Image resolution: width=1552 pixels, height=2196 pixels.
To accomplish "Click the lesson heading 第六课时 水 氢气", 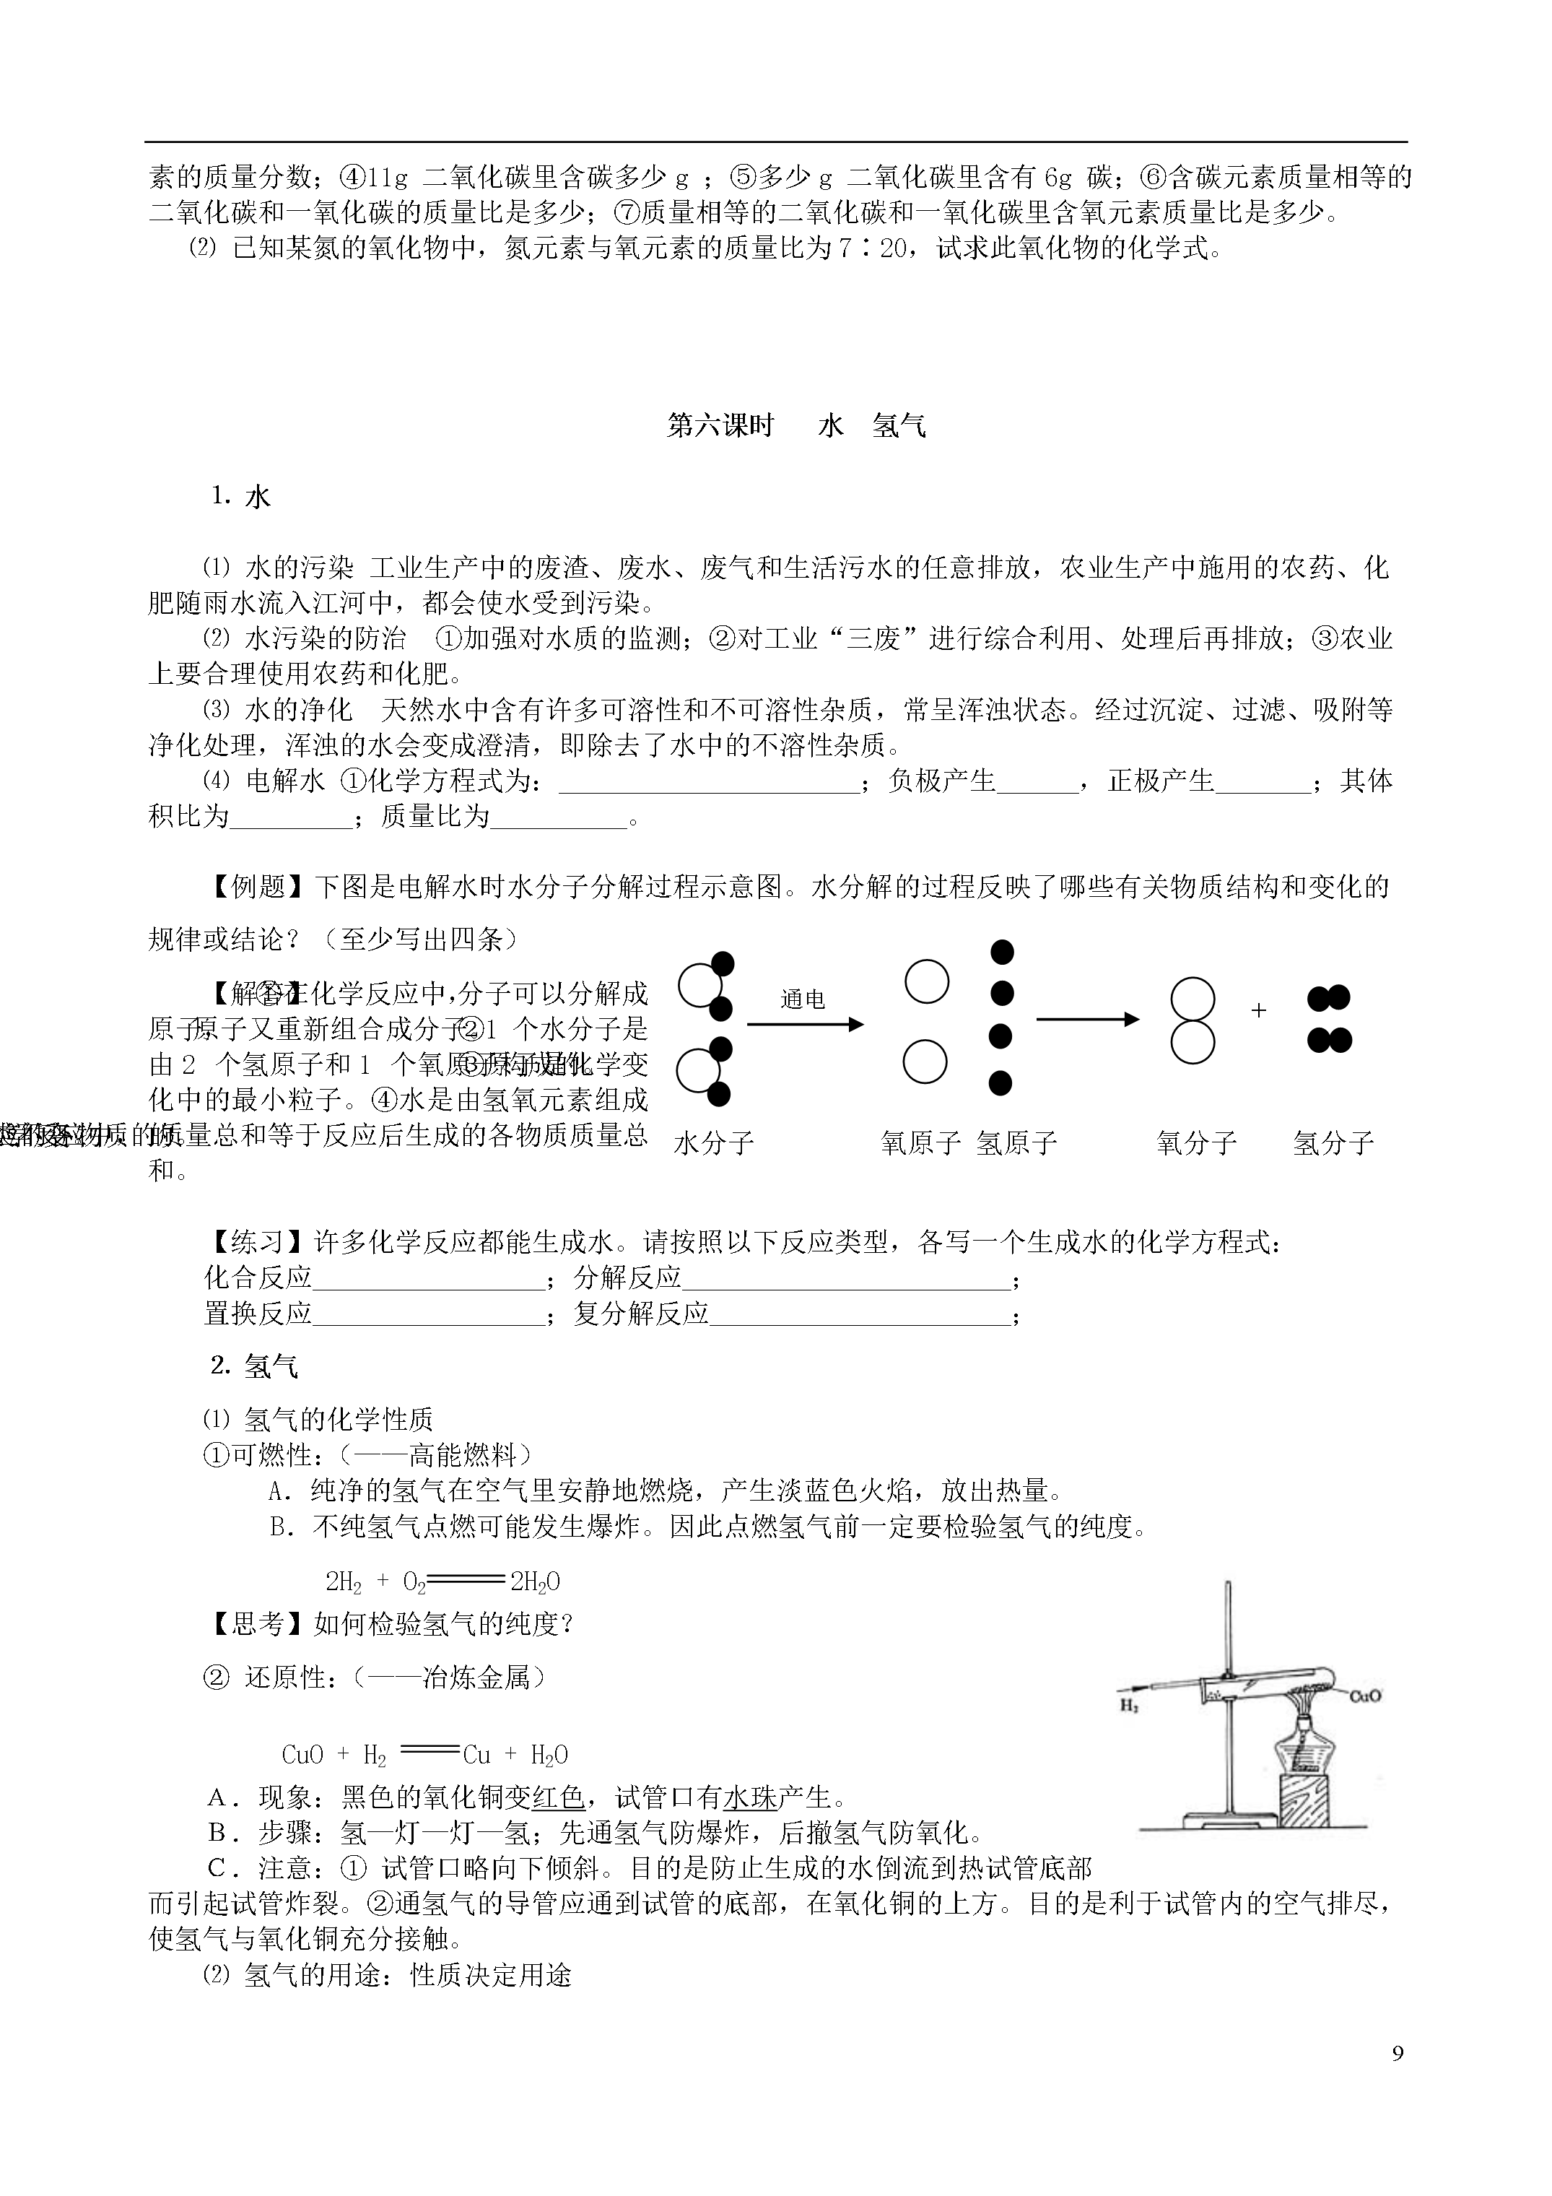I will [x=795, y=425].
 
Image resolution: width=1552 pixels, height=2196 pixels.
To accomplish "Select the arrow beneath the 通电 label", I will [x=804, y=1025].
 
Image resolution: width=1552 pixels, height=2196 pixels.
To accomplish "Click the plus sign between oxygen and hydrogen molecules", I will [x=1258, y=1011].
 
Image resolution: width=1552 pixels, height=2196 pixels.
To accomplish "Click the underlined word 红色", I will [x=559, y=1797].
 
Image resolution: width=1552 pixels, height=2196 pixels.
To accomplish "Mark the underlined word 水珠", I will [x=751, y=1797].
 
